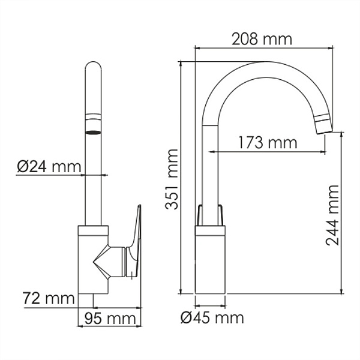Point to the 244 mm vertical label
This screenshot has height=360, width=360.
(334, 216)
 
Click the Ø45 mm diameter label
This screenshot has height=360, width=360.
(212, 317)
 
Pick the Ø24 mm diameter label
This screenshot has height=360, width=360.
(43, 166)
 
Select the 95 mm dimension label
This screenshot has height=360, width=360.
(110, 318)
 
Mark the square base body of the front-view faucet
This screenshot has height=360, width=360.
(93, 258)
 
